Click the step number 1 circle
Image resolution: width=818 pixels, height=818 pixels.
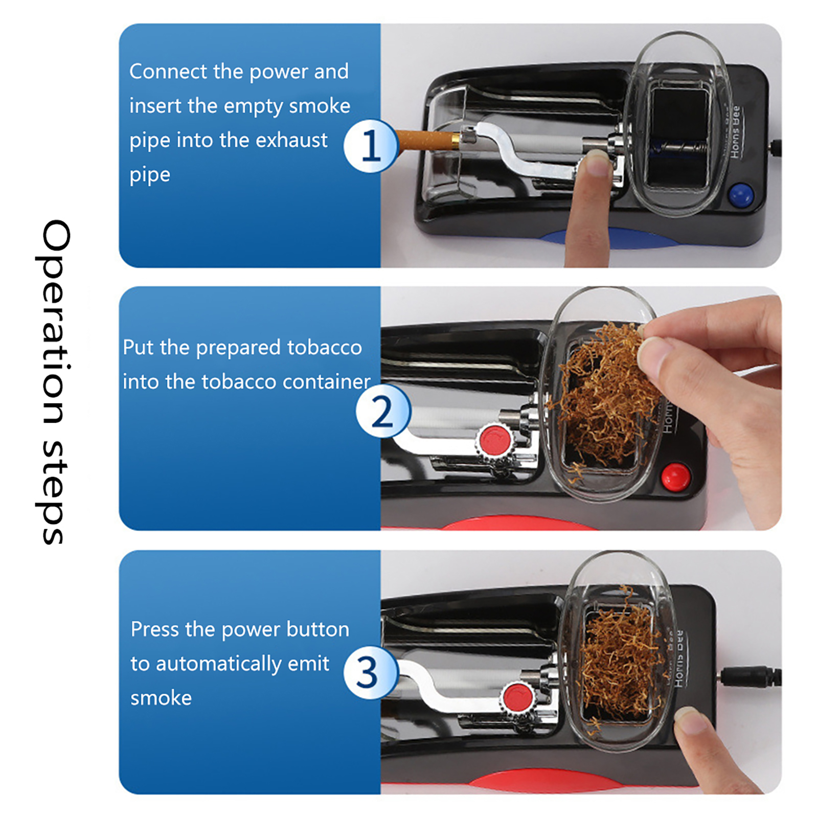click(371, 146)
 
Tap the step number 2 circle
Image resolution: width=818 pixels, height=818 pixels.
click(383, 411)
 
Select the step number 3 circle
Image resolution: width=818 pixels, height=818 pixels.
click(371, 672)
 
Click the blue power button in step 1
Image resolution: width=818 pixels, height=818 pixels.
click(741, 195)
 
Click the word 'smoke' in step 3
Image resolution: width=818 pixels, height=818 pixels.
click(161, 698)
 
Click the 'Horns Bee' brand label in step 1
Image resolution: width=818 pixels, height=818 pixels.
click(735, 131)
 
